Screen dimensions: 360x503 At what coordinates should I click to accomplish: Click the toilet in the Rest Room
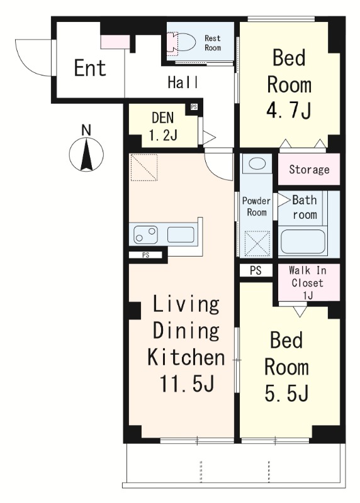[x=181, y=42]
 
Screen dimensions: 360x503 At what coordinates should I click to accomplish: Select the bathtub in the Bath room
[x=303, y=241]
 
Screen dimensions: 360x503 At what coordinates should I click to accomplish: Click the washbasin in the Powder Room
[x=257, y=164]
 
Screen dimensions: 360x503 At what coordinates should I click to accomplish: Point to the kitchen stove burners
[x=146, y=235]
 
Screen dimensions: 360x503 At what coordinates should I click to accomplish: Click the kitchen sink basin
[x=181, y=235]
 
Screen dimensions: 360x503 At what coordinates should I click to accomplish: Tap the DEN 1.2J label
[x=163, y=126]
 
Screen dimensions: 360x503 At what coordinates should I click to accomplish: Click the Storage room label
[x=309, y=169]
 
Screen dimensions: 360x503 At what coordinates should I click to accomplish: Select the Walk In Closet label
[x=307, y=282]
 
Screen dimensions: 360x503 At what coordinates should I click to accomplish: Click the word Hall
[x=183, y=82]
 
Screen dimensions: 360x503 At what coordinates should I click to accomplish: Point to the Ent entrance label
[x=90, y=68]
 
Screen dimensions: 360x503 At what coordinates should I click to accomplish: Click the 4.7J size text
[x=288, y=109]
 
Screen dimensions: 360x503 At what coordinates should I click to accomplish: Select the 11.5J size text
[x=186, y=383]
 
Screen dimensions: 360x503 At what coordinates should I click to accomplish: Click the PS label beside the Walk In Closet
[x=256, y=270]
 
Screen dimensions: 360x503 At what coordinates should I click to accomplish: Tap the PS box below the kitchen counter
[x=145, y=255]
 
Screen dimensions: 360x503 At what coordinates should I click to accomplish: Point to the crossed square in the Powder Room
[x=257, y=243]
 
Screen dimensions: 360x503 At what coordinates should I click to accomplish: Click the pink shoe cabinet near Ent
[x=115, y=42]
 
